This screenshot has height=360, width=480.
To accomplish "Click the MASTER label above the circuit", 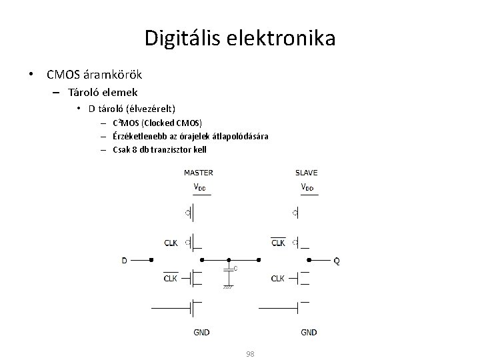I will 199,173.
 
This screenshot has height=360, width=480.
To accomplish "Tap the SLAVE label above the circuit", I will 306,173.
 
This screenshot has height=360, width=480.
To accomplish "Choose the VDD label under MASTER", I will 199,187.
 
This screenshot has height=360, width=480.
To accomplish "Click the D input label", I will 124,261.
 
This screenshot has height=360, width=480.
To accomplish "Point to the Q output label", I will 336,261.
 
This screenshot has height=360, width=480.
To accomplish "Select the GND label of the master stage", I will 201,332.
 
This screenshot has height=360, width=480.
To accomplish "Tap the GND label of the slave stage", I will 309,332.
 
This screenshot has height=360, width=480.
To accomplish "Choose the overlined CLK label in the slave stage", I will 278,243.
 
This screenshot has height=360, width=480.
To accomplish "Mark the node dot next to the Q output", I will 308,261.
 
